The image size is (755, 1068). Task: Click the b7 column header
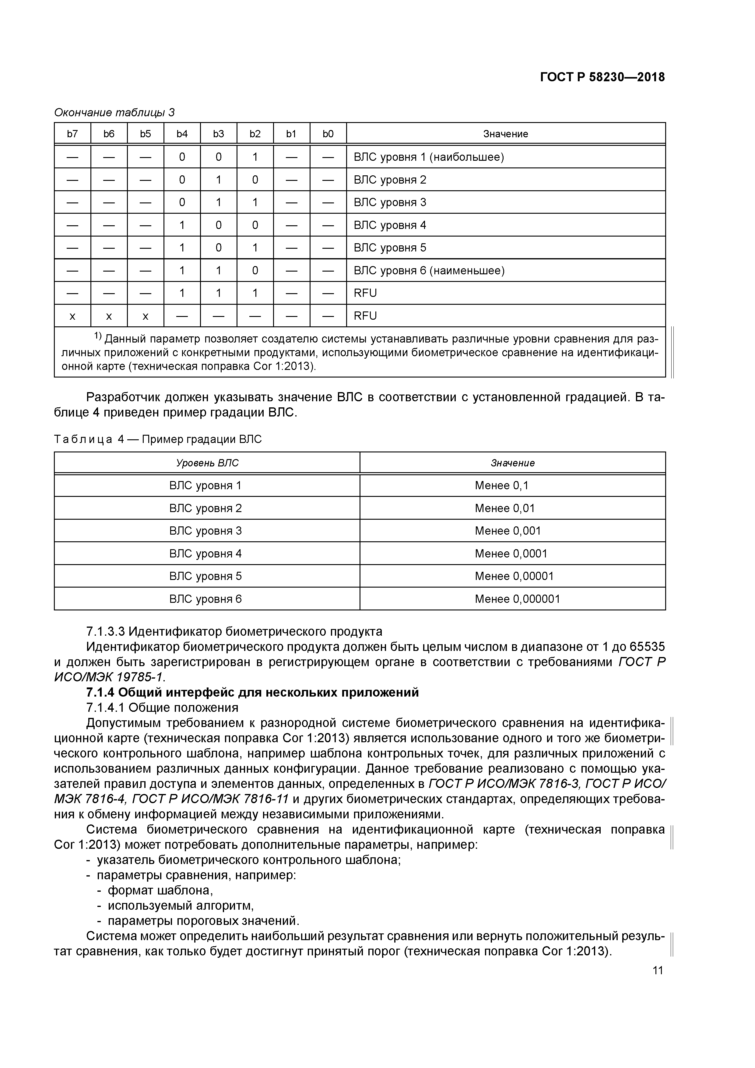(x=72, y=134)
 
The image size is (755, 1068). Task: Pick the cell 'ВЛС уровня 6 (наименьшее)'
(x=429, y=271)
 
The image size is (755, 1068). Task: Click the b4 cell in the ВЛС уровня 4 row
(x=182, y=225)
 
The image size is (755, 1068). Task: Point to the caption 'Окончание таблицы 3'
(x=114, y=113)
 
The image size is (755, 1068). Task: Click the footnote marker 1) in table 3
(x=98, y=336)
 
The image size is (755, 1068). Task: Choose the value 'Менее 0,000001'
(x=517, y=599)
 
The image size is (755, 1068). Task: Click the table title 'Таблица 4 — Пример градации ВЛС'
(x=158, y=439)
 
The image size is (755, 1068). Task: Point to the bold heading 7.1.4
(x=253, y=693)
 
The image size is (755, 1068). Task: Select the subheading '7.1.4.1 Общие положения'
(x=162, y=708)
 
